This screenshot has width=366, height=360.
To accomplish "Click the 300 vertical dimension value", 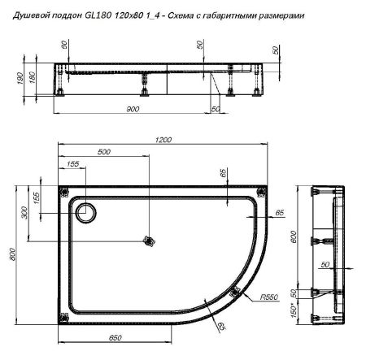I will (46, 213).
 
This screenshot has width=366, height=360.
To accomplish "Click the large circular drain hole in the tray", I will (85, 213).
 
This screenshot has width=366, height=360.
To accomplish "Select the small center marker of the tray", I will (148, 241).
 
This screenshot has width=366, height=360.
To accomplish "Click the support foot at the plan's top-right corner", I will (259, 192).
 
